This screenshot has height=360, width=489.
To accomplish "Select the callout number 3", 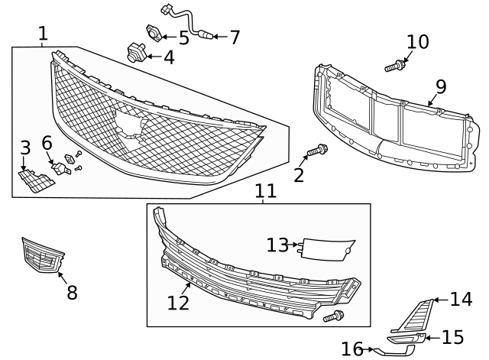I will [x=24, y=148].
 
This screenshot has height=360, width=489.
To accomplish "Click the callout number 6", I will [x=47, y=142].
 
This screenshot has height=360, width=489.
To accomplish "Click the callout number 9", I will [x=441, y=86].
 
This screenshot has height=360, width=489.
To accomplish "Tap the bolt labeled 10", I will [x=393, y=68].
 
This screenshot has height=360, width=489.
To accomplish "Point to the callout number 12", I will [x=177, y=303].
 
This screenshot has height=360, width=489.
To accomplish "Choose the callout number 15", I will [x=454, y=337].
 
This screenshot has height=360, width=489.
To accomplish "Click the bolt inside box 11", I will [x=334, y=315].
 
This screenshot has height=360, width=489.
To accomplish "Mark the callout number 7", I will [x=234, y=37].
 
